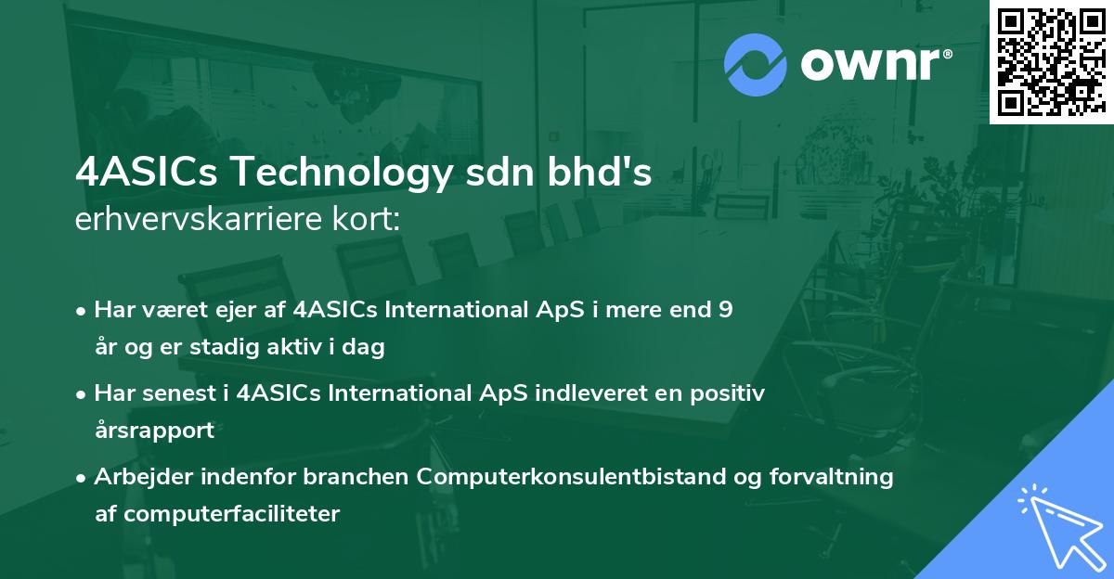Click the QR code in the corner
coord(1051,62)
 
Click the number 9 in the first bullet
coord(725,310)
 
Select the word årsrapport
coord(154,431)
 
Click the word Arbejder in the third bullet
coord(136,477)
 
